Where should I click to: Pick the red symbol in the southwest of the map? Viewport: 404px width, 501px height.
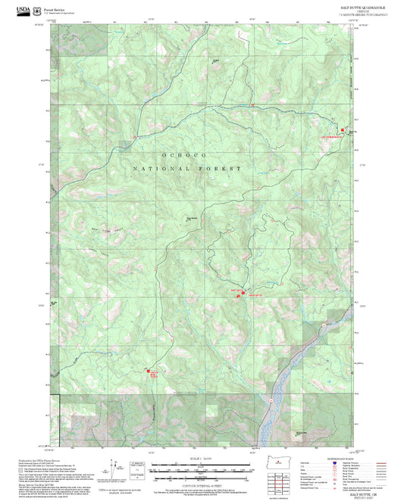152,373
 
